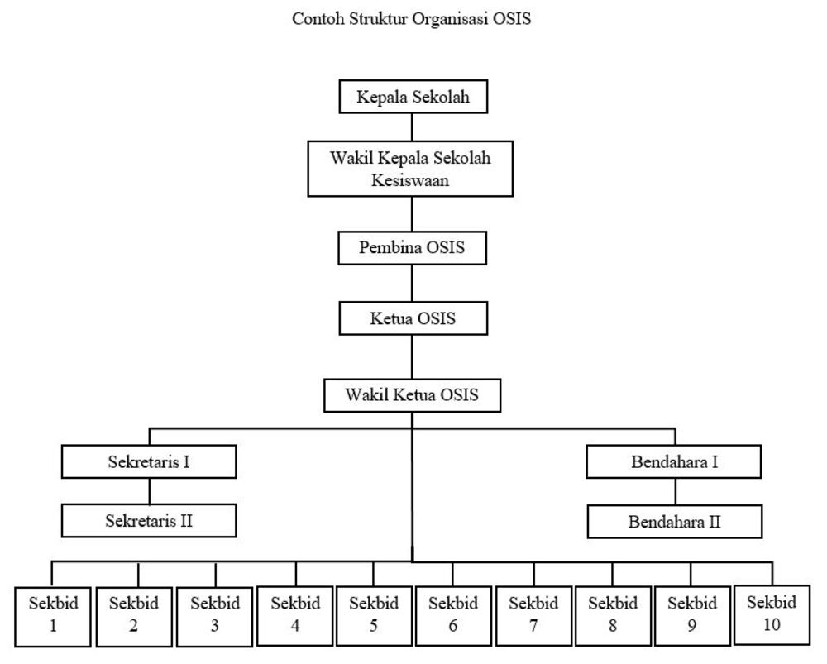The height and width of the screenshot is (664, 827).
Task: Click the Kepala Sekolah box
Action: click(x=413, y=98)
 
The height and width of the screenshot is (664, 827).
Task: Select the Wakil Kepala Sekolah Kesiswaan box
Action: click(x=410, y=169)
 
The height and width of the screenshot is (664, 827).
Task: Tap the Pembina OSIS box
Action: click(x=412, y=248)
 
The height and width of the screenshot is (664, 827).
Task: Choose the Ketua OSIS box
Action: click(x=412, y=318)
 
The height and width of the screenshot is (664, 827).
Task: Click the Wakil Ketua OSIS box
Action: click(x=412, y=395)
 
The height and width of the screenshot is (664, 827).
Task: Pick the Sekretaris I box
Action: click(x=149, y=461)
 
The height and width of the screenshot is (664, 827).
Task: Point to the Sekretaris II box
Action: click(x=149, y=521)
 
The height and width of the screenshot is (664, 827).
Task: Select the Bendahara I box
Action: click(x=673, y=461)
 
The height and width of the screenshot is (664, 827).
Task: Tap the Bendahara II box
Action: click(x=675, y=523)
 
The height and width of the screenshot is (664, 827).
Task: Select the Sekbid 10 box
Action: click(x=771, y=614)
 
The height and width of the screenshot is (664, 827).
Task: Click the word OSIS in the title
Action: click(x=513, y=19)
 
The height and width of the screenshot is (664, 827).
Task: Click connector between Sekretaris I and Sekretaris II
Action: click(x=149, y=491)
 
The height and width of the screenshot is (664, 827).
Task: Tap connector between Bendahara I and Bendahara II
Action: click(x=675, y=493)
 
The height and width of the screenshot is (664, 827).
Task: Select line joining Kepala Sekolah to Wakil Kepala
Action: click(x=412, y=127)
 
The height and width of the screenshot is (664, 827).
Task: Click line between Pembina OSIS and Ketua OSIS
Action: click(x=412, y=284)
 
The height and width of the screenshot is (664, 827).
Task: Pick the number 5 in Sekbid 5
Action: click(x=374, y=626)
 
